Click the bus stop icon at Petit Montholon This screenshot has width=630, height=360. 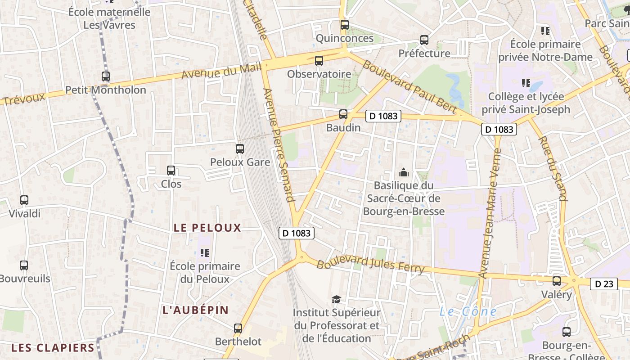[106, 76]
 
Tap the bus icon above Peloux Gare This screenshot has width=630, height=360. [240, 149]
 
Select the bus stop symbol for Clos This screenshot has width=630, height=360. [171, 171]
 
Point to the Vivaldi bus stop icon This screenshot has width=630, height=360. [24, 200]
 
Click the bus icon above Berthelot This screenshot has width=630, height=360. [238, 328]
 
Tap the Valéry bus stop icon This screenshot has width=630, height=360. [557, 281]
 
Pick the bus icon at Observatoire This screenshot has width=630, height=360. [319, 60]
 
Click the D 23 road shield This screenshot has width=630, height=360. [604, 284]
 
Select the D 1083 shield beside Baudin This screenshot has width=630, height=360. [383, 116]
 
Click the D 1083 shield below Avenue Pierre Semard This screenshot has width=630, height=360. [296, 233]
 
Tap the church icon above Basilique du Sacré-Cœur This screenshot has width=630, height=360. [404, 172]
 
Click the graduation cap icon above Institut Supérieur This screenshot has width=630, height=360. [336, 299]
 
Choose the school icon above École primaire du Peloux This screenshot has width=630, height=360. [205, 253]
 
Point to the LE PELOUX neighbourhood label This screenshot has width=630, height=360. [207, 228]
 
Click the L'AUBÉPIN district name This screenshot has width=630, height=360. [196, 310]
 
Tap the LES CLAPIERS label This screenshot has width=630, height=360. [53, 348]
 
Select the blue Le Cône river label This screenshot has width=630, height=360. [468, 311]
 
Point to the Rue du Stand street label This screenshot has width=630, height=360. [552, 168]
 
